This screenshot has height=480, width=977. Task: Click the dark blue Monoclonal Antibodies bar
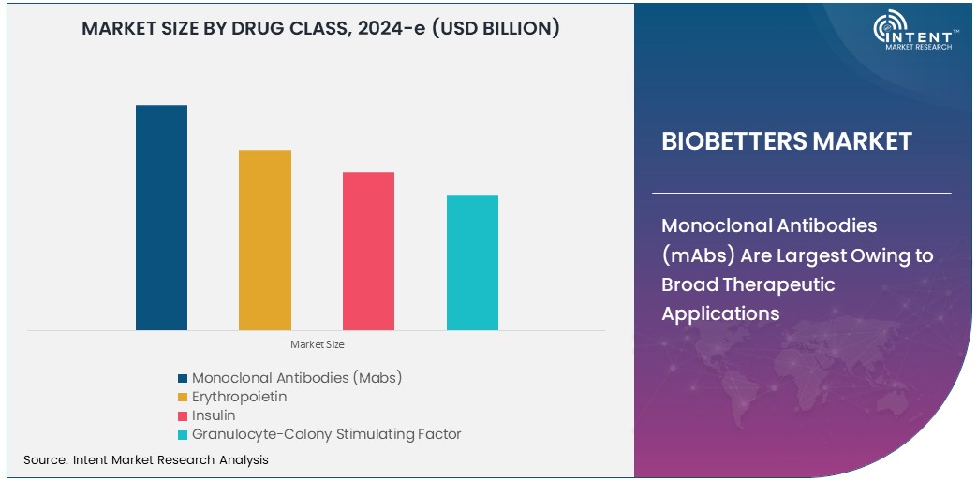[161, 217]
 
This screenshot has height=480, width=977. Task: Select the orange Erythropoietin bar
[264, 240]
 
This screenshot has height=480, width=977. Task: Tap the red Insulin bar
[368, 251]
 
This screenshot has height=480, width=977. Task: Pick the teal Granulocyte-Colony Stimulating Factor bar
[472, 262]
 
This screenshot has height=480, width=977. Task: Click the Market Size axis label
[317, 344]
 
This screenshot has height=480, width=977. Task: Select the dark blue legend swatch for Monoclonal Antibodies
[182, 379]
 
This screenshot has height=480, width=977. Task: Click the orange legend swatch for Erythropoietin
[182, 398]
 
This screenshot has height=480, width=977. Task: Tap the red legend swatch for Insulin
[182, 415]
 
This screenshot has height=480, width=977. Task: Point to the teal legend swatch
[182, 434]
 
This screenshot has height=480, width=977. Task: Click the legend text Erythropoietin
[239, 397]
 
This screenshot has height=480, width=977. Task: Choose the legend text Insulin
[214, 415]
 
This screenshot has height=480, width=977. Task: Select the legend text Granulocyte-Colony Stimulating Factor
[326, 434]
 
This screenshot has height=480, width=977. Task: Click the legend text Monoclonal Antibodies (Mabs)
[296, 378]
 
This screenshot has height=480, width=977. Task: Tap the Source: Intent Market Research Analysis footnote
[145, 459]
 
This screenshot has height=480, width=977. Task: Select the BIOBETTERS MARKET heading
[786, 141]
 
